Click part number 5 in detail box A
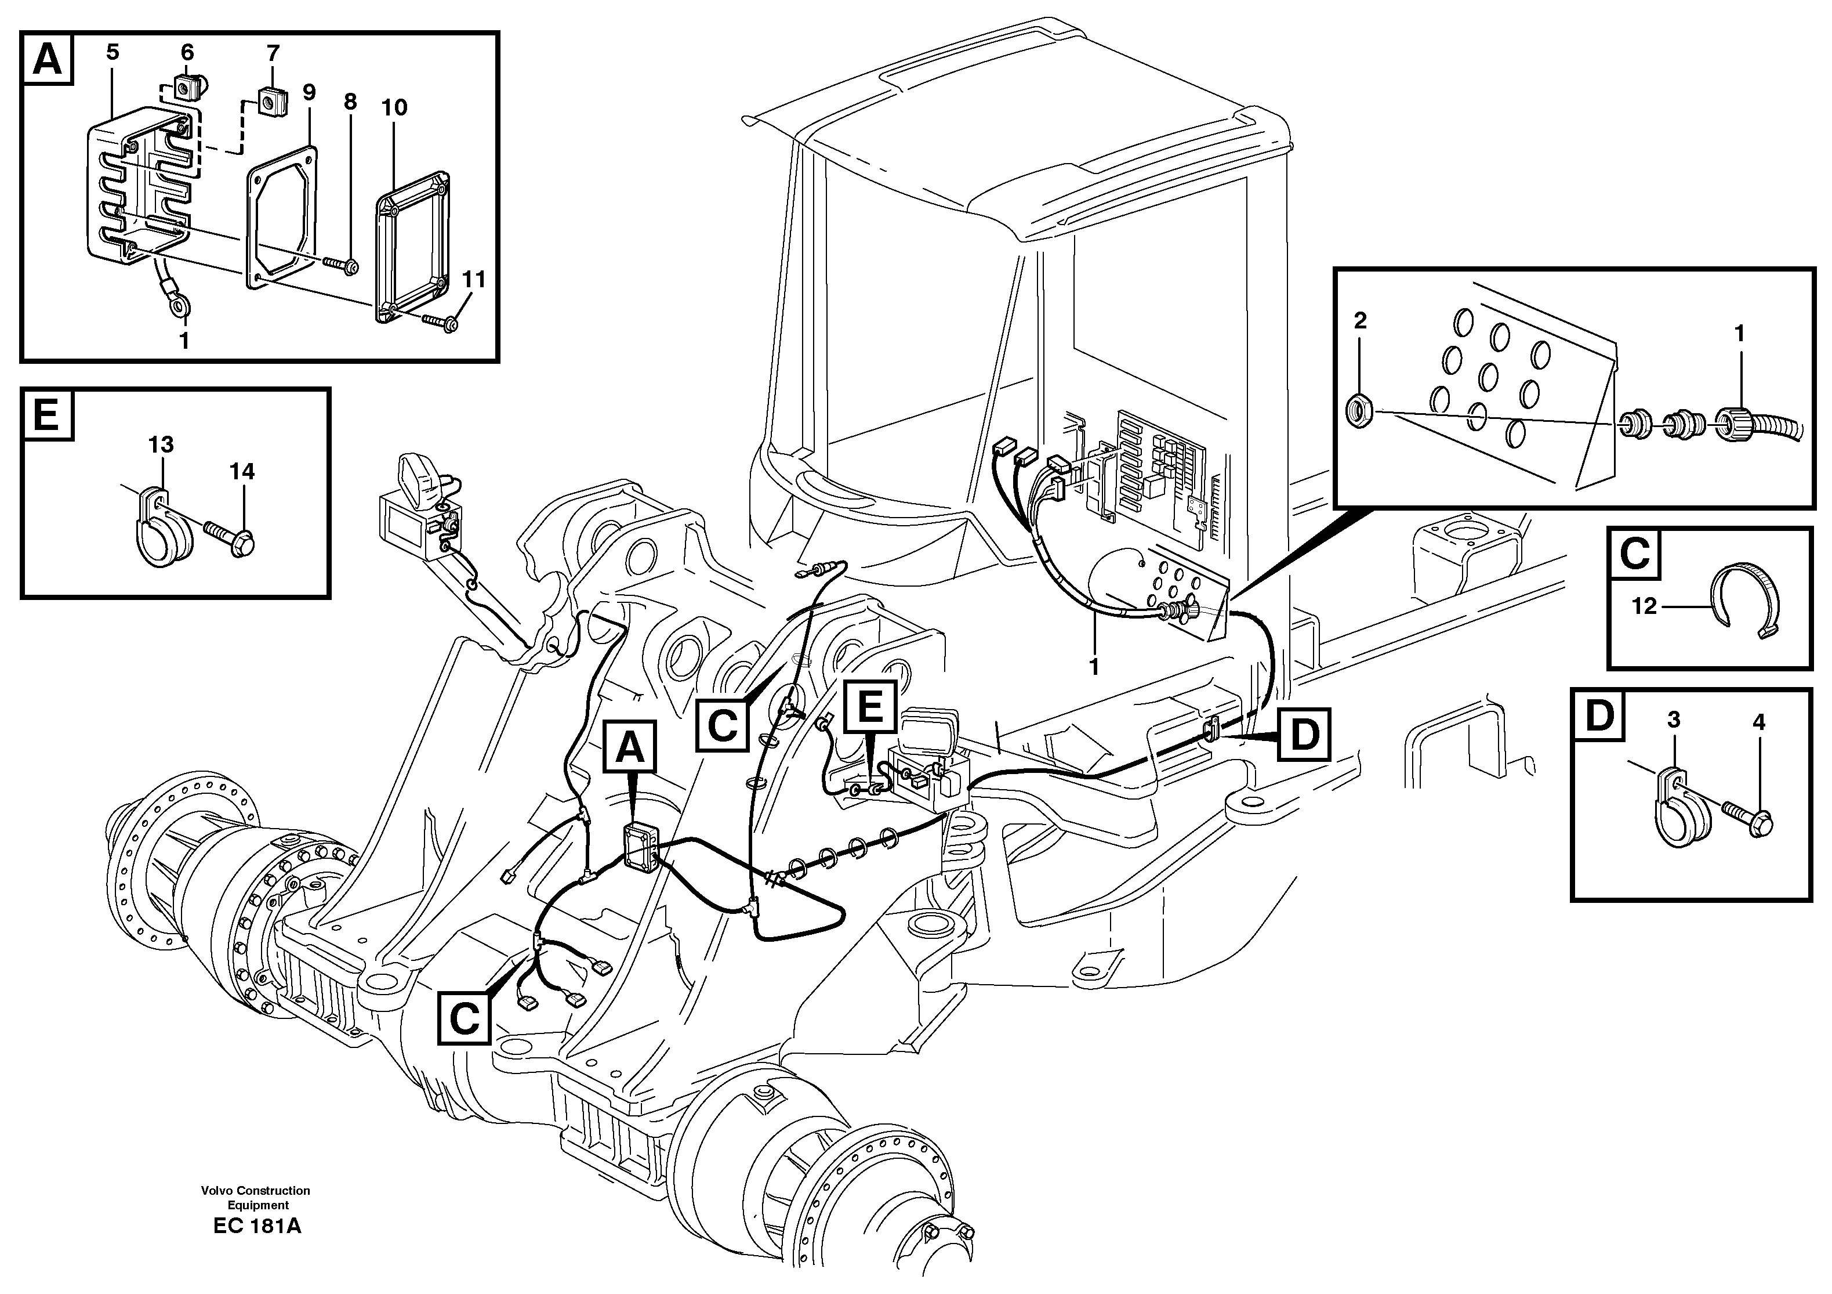(113, 53)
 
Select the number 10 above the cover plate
(394, 108)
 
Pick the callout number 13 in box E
(161, 444)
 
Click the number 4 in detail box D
(1758, 722)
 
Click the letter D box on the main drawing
(1304, 733)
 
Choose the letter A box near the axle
(630, 748)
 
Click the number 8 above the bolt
(350, 102)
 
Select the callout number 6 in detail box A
(187, 53)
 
